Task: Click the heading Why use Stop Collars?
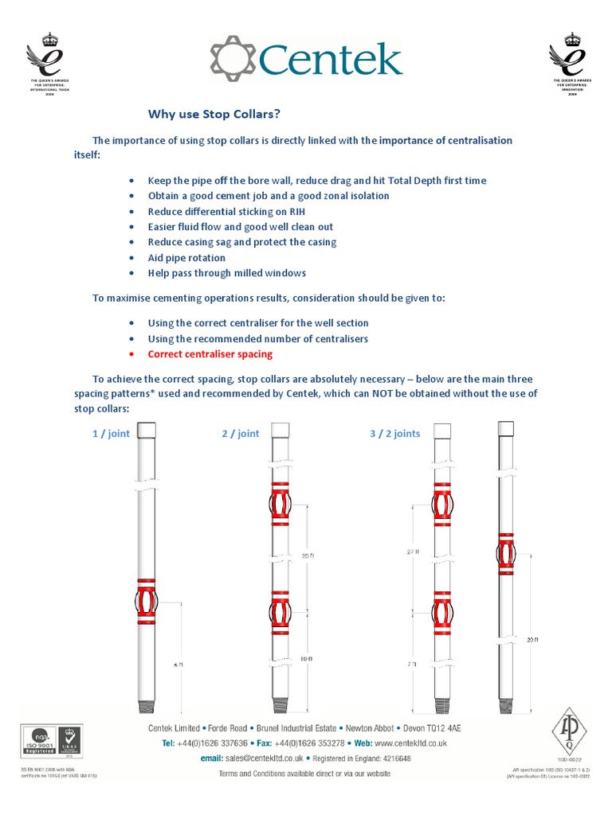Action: click(215, 114)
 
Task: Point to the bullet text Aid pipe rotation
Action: click(186, 258)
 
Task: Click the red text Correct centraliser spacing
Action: click(210, 353)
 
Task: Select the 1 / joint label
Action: click(112, 434)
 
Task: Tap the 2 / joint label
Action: click(240, 434)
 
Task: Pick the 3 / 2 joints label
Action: click(394, 434)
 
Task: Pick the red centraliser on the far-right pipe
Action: click(506, 555)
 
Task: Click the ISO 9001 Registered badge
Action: click(39, 739)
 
